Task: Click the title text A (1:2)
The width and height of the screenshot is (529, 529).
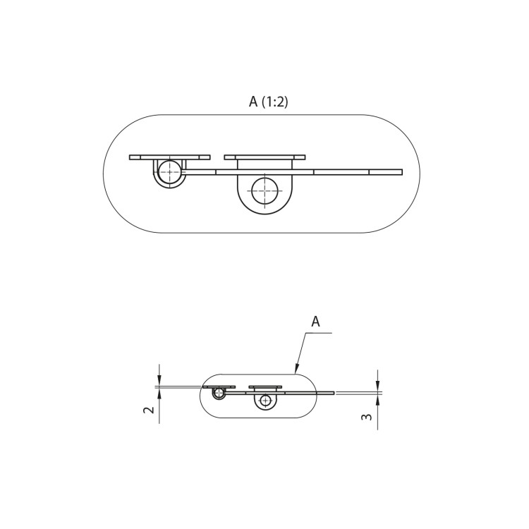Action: click(268, 102)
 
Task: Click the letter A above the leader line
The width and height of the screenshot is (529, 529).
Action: click(315, 322)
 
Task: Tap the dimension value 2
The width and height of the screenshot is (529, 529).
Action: click(149, 410)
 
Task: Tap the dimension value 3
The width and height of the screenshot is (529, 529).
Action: click(367, 417)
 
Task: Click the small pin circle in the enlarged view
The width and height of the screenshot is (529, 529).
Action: click(170, 171)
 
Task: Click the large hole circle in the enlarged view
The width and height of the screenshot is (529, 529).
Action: click(264, 191)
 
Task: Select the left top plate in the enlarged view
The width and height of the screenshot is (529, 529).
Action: click(170, 157)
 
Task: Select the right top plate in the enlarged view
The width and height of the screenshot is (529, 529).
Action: click(264, 157)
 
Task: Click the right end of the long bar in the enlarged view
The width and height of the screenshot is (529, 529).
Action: click(402, 172)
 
